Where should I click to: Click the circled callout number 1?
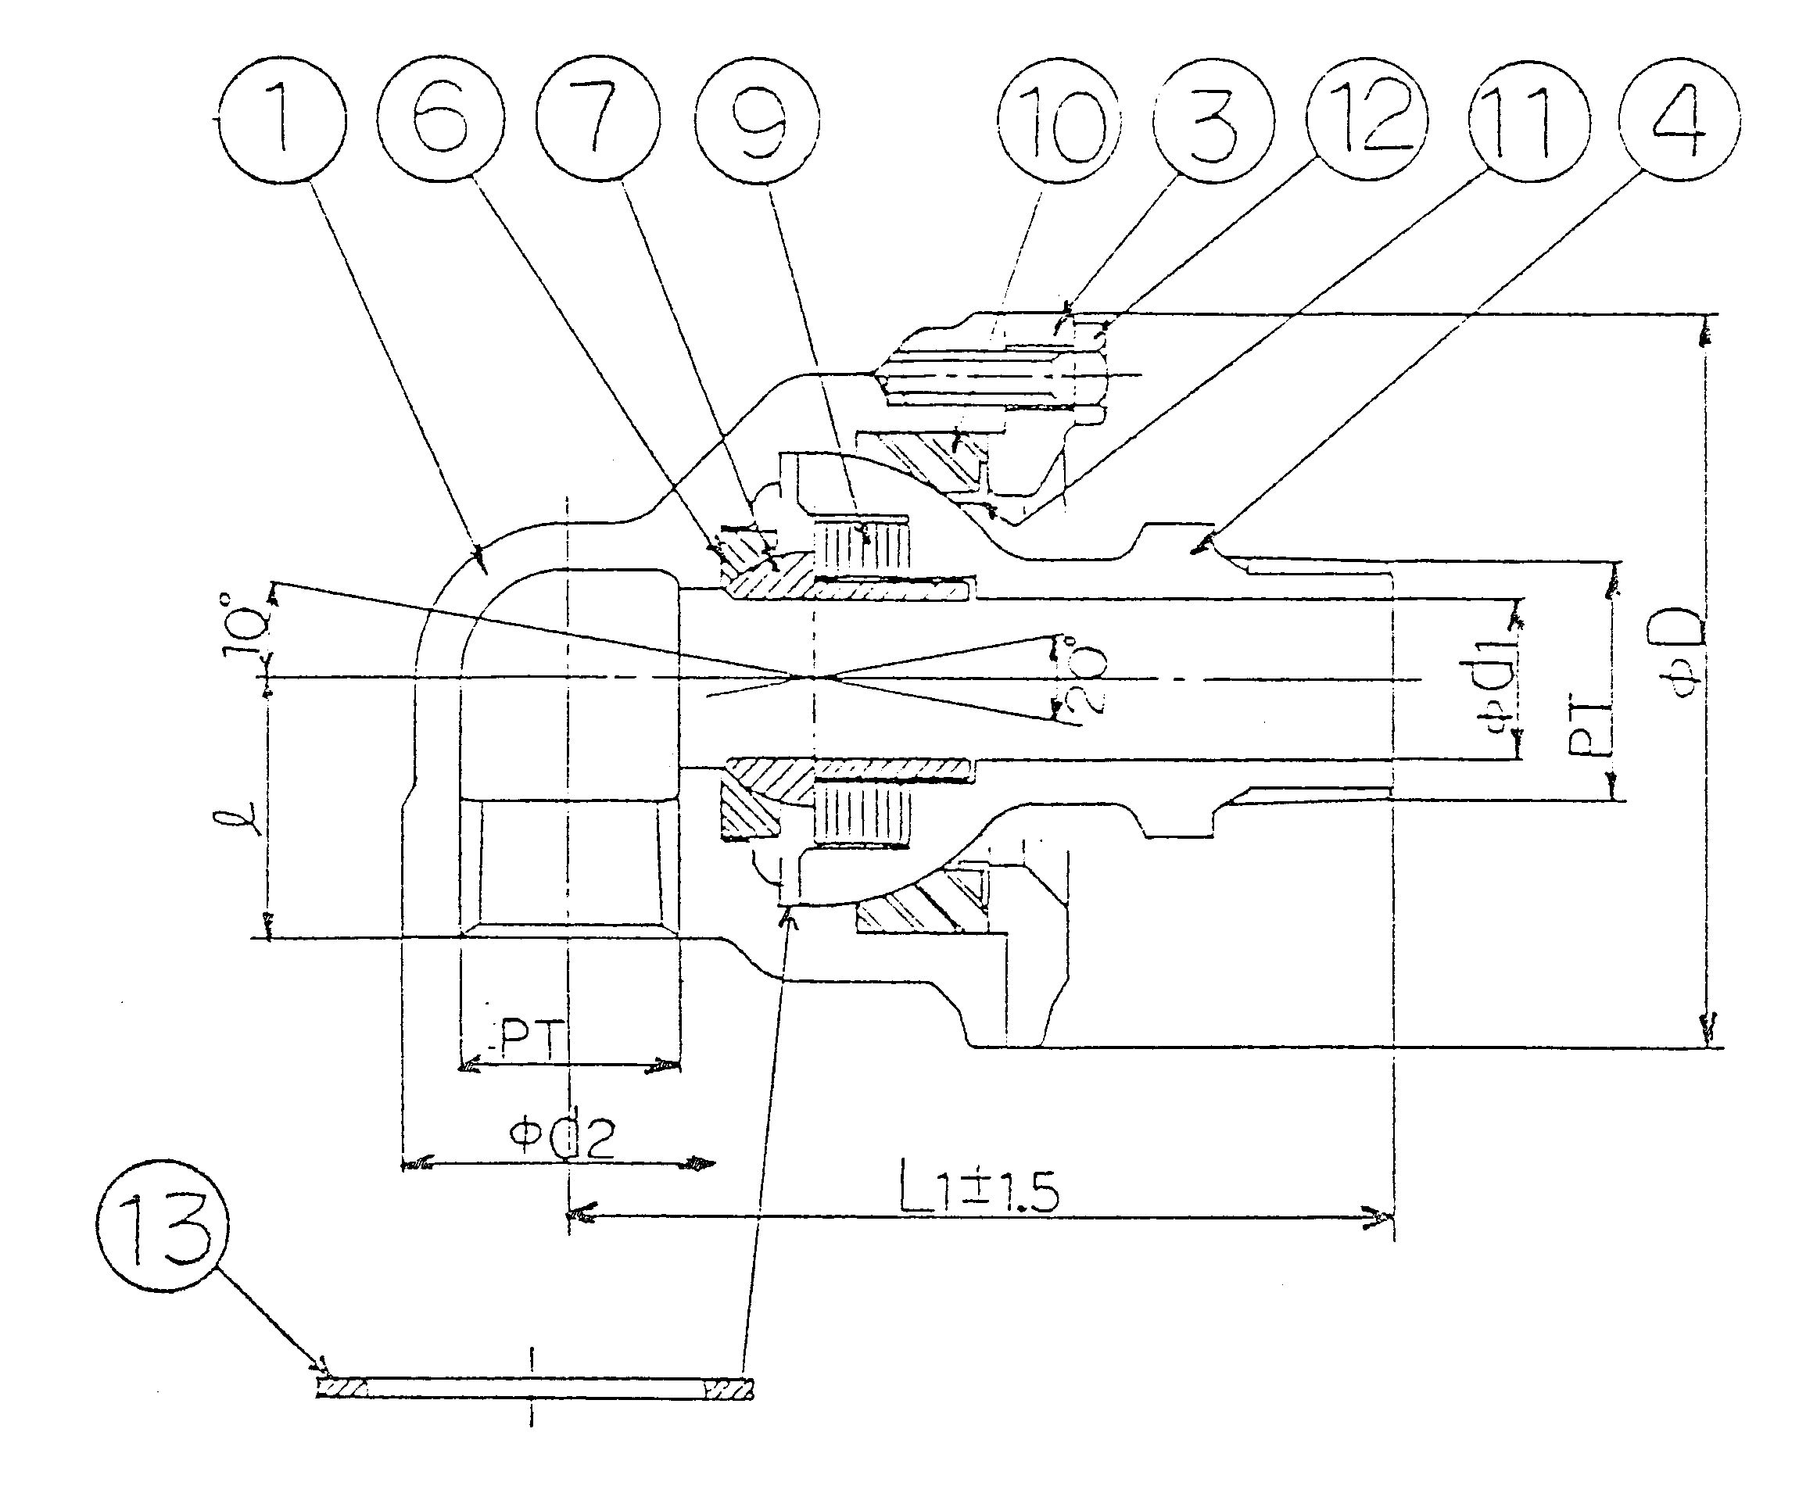pyautogui.click(x=281, y=120)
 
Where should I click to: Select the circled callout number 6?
pyautogui.click(x=439, y=120)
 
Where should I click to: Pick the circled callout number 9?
pyautogui.click(x=757, y=120)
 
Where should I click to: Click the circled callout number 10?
pyautogui.click(x=1059, y=121)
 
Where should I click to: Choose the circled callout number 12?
pyautogui.click(x=1367, y=120)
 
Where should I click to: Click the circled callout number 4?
pyautogui.click(x=1679, y=120)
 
